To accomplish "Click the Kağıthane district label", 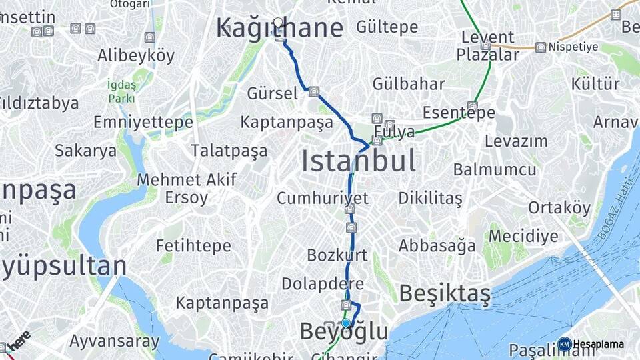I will coord(279,28).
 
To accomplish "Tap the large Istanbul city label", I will coord(359,161).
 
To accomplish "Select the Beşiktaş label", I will coord(445,293).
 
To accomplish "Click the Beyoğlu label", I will coord(344,331).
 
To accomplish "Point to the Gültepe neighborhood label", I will coord(387,27).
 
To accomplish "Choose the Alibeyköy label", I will coord(135,55).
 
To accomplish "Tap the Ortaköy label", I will coord(559,208).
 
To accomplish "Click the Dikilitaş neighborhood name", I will coord(430,198).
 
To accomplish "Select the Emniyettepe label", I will coord(143,123).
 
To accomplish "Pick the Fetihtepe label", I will coord(193,245).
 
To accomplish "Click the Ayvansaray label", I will coord(115,342).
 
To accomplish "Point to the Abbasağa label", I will coord(437,245).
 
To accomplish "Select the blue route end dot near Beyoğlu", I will coord(346,323).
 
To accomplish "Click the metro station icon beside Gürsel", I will coord(313,92).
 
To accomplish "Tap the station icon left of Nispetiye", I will coord(541,47).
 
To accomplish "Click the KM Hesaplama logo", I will coord(592,344).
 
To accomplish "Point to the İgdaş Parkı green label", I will coord(121,91).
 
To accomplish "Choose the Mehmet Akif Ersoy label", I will coord(177,189).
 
